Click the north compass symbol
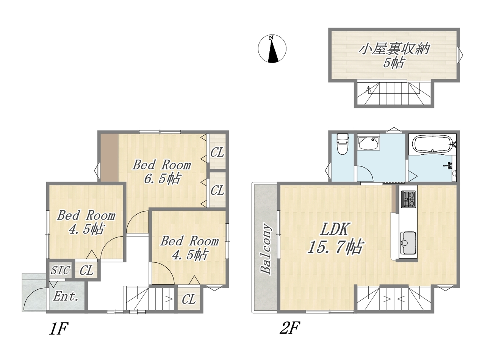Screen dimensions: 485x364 click(272, 49)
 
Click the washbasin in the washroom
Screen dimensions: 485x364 click(368, 143)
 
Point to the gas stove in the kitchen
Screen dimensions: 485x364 click(408, 199)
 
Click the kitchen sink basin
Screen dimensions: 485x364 click(408, 243)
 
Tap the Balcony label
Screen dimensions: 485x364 click(266, 249)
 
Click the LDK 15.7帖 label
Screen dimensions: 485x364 click(335, 238)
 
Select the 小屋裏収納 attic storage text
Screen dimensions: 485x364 click(394, 49)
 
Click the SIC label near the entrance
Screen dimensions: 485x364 click(60, 270)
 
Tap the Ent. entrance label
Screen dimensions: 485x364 click(66, 297)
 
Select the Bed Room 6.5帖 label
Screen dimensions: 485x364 click(162, 172)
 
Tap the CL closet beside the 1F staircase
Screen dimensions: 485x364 click(189, 300)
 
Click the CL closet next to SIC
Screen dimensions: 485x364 click(86, 270)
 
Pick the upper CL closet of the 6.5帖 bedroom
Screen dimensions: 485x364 click(217, 152)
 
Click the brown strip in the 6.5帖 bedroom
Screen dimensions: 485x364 click(110, 158)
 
